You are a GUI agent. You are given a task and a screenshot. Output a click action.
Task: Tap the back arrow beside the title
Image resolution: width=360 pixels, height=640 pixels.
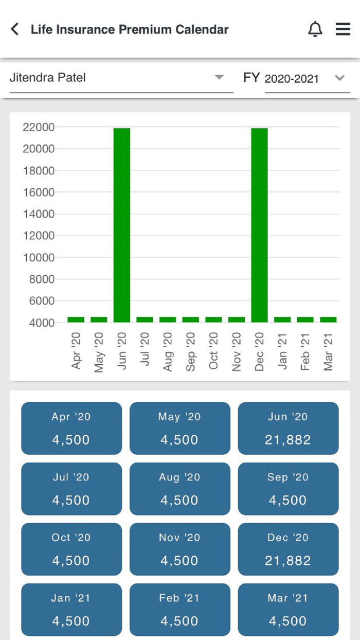(15, 29)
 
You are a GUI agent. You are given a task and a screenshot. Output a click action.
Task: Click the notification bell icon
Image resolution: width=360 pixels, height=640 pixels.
(315, 29)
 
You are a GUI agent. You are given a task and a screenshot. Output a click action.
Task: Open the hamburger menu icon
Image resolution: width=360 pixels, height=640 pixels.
(343, 29)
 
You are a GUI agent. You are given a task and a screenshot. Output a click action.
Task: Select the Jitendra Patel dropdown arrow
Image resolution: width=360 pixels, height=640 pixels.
(219, 78)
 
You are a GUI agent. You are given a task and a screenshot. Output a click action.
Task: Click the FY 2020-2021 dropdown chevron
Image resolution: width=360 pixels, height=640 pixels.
(339, 78)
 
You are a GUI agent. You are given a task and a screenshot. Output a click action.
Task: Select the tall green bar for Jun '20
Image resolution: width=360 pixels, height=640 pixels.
(122, 225)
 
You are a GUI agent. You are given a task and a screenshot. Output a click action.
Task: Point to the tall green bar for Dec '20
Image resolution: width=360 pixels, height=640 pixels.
(259, 225)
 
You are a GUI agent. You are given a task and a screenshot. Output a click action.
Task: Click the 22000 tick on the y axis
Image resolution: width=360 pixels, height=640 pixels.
(39, 127)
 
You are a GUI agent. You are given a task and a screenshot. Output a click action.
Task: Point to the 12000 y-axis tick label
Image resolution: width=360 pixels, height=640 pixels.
(39, 236)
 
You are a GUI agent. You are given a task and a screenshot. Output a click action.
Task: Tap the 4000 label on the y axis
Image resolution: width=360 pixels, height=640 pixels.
(39, 323)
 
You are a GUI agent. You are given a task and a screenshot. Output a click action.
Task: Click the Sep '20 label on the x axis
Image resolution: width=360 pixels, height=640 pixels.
(191, 351)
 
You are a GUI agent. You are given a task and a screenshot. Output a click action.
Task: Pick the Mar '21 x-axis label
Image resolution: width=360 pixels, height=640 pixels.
(328, 351)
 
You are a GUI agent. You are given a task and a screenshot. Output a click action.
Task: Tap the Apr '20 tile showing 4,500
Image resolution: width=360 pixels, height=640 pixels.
(71, 428)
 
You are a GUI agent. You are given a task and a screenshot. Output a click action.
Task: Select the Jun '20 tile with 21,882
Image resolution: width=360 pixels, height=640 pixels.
(288, 428)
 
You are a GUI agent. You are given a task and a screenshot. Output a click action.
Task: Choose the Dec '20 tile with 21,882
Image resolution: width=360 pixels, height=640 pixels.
(288, 549)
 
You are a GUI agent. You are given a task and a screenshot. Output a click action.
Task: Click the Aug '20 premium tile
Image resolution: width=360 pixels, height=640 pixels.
(179, 489)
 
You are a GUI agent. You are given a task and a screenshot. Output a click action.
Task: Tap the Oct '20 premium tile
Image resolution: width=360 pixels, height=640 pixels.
(71, 549)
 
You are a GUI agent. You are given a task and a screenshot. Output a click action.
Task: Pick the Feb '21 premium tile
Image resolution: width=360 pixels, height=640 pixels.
(179, 609)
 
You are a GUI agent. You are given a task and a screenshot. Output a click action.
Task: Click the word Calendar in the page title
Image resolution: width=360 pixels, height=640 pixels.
(202, 29)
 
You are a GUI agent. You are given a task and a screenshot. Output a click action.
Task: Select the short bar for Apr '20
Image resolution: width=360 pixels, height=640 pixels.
(76, 319)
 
